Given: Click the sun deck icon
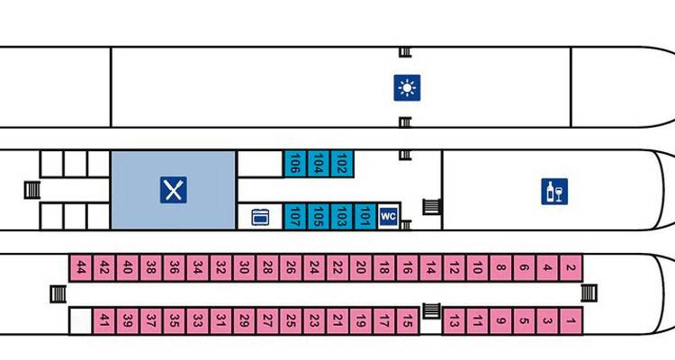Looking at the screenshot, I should (x=408, y=88).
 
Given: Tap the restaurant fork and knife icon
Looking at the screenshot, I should (x=173, y=190).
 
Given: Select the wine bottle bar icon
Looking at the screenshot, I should (x=555, y=192).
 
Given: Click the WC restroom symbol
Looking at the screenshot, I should (x=389, y=216).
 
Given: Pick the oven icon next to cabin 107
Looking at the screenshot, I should (x=259, y=217).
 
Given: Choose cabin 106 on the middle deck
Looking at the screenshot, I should (x=294, y=164).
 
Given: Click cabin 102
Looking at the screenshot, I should (x=341, y=164).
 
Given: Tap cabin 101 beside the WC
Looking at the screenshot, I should (x=364, y=216).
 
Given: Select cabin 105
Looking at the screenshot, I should (x=318, y=216).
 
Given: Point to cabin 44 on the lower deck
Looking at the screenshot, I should (x=81, y=267).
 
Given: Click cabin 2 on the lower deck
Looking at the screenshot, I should (x=571, y=267).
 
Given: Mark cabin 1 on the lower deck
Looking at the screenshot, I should (x=571, y=319).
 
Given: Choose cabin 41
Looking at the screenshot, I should (x=104, y=319).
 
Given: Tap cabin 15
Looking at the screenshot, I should (x=407, y=319).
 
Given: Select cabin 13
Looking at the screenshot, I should (x=454, y=319).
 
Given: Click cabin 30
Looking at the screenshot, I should (x=244, y=267).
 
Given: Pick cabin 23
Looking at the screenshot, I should (x=314, y=319).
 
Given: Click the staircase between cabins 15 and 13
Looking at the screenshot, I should (x=431, y=311).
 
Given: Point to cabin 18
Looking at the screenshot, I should (x=384, y=267).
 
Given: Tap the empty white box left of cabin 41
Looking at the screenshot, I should (x=81, y=319).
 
